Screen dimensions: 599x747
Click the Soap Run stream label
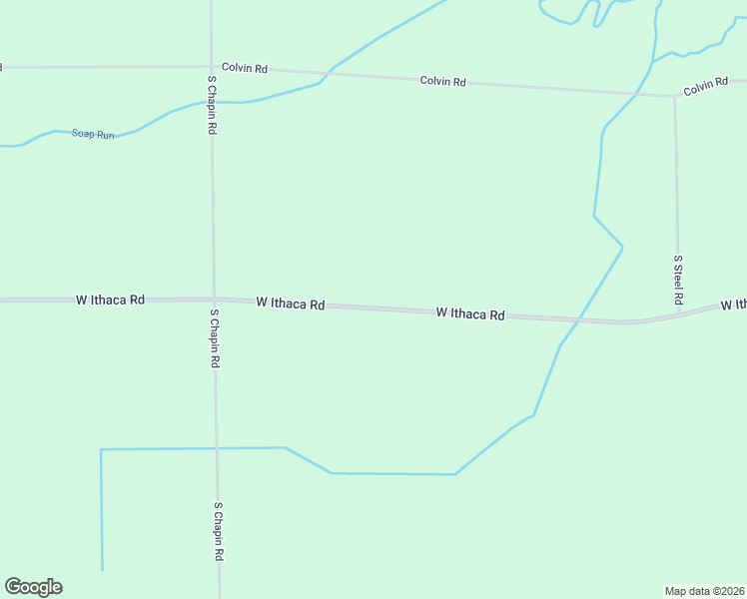(93, 134)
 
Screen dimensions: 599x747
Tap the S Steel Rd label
(677, 280)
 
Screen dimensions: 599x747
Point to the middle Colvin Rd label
(442, 81)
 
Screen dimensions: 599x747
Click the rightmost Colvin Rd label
(706, 88)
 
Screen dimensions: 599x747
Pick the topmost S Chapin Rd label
(212, 105)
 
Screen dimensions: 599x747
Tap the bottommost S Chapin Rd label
(217, 531)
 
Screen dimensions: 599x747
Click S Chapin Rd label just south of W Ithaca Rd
(214, 338)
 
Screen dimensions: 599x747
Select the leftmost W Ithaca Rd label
(110, 299)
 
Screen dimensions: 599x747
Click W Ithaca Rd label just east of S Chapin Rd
(290, 302)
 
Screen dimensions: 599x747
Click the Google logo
(33, 587)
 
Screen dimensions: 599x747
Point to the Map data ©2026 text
(705, 590)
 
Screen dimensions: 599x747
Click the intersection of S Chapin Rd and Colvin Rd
(211, 67)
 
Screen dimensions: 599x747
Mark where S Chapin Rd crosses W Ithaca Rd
(213, 299)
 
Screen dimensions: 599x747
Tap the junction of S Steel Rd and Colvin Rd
(674, 96)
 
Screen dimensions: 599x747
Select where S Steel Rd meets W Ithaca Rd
(678, 314)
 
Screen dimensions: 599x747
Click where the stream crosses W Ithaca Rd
(577, 320)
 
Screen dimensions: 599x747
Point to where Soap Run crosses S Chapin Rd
(212, 101)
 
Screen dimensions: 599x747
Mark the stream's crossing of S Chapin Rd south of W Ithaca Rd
(217, 448)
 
